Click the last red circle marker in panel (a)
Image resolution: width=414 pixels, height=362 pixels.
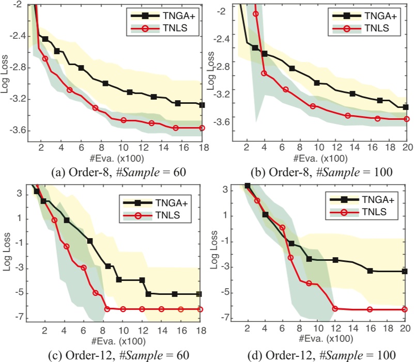(202, 128)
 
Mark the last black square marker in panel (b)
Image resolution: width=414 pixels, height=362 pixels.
(406, 107)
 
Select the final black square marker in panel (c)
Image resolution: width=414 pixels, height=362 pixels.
(200, 294)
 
